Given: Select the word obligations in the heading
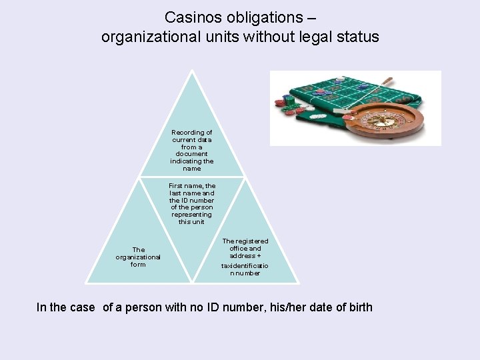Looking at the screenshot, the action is [263, 17].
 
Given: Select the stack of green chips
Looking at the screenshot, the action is [289, 101].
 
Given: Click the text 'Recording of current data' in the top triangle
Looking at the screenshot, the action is [192, 136].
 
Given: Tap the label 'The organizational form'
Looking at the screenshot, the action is [138, 257].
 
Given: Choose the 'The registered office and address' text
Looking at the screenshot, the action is [245, 248].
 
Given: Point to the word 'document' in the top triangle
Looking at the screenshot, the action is [192, 153].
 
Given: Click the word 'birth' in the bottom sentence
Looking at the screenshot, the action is [359, 307].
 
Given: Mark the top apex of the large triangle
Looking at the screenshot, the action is [192, 70].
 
